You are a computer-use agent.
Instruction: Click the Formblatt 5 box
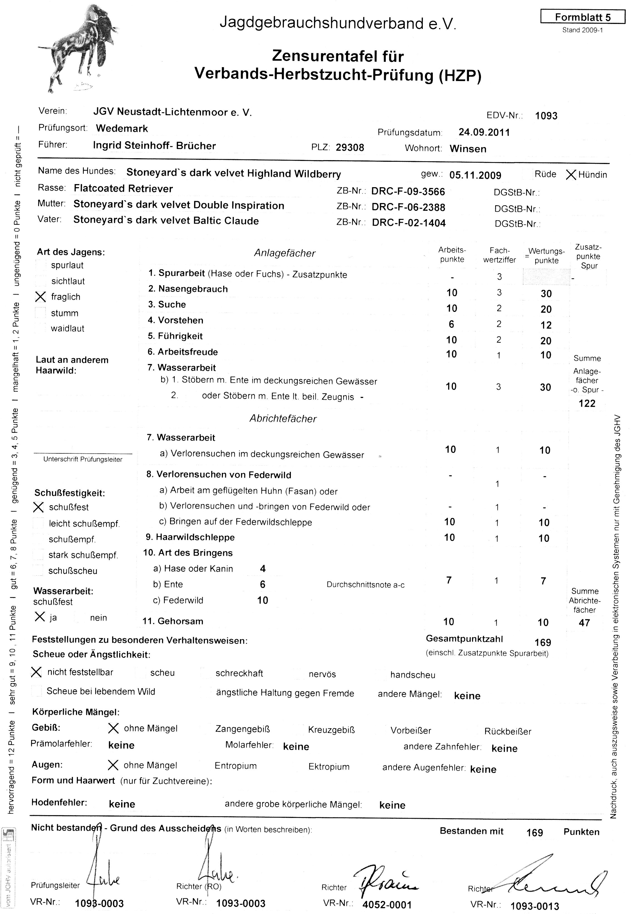tap(582, 17)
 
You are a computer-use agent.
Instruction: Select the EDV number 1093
tap(546, 116)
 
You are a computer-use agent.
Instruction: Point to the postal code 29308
tap(350, 148)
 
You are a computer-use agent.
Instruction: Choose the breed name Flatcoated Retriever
tap(123, 189)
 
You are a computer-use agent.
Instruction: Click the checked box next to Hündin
tap(571, 175)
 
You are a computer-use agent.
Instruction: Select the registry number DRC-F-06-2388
tap(408, 207)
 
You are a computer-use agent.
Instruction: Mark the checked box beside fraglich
tap(40, 297)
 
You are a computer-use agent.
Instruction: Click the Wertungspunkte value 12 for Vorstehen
tap(546, 325)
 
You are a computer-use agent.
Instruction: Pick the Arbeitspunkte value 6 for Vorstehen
tap(451, 324)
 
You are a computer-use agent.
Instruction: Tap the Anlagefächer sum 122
tap(587, 404)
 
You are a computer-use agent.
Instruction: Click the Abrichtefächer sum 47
tap(584, 623)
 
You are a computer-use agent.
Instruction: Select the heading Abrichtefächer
tap(283, 419)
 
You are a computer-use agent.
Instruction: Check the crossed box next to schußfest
tap(38, 507)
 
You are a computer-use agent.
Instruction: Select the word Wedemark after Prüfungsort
tap(122, 129)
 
